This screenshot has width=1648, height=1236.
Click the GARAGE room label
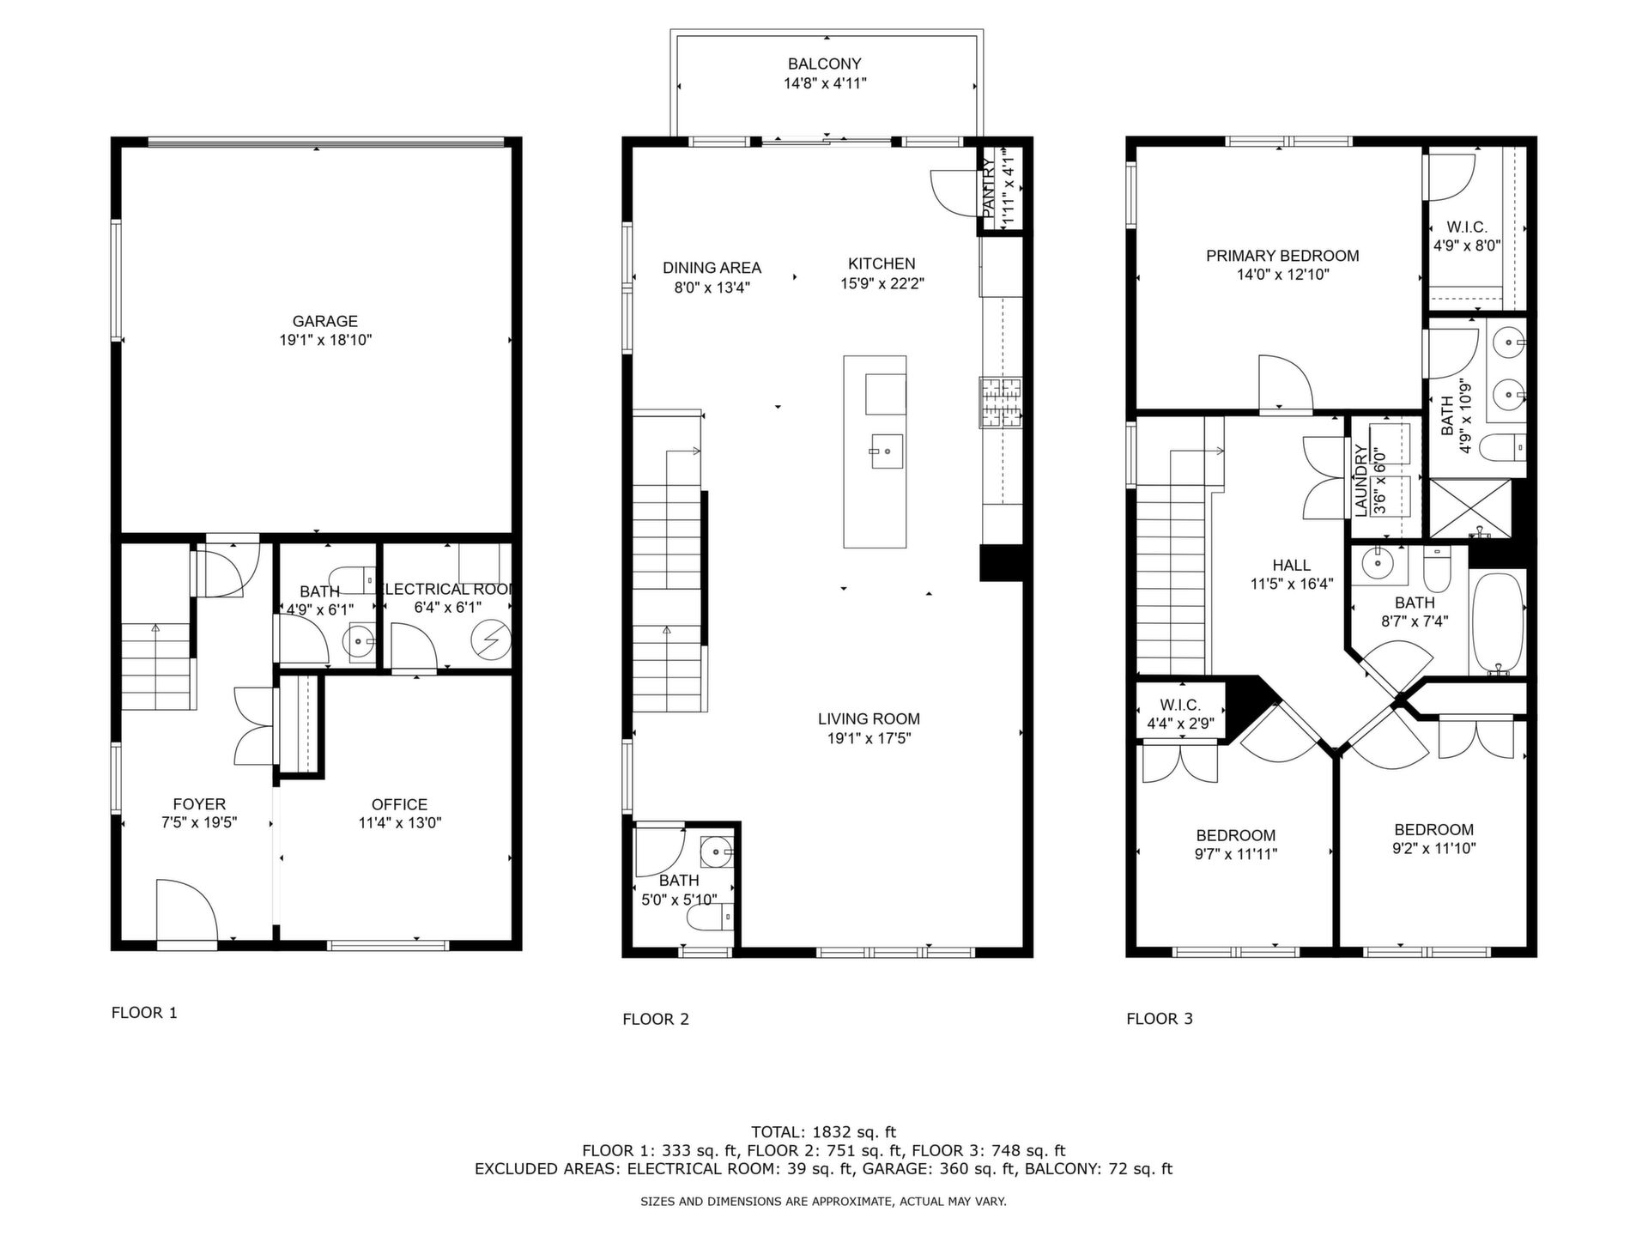(324, 321)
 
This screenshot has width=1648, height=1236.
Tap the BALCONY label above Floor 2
(824, 64)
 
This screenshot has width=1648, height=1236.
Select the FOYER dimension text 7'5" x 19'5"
(199, 822)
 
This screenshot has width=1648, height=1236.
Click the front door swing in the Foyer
(186, 910)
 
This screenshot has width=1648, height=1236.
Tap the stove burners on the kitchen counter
(1001, 403)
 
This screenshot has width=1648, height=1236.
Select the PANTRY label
(989, 188)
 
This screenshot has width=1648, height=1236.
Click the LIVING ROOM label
(869, 719)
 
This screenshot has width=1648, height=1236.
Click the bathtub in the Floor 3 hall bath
(1498, 622)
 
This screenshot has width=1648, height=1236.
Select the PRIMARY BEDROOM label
(1282, 256)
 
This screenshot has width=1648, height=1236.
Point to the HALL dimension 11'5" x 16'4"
(1291, 585)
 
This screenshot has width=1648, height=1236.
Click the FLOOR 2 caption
(656, 1019)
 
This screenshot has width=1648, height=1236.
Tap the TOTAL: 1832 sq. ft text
(823, 1132)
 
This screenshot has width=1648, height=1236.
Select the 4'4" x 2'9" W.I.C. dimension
(1180, 724)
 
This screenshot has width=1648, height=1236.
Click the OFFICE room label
(399, 804)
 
